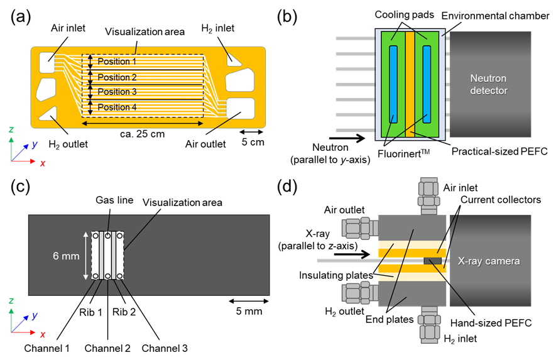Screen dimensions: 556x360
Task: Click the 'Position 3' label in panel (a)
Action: pos(117,92)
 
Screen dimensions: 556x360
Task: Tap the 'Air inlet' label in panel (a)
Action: pos(68,28)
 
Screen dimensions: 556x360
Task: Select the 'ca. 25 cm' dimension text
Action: pos(142,134)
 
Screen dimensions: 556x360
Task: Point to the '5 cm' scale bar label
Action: pos(253,142)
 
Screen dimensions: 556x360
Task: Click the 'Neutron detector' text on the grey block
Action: pos(489,84)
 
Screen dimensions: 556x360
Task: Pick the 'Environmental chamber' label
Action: pos(495,16)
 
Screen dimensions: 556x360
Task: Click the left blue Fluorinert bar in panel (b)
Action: pos(393,84)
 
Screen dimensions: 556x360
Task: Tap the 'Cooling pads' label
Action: pos(404,15)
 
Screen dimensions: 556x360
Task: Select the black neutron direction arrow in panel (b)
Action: pos(347,138)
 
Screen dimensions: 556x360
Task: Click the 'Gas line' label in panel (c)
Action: pos(114,200)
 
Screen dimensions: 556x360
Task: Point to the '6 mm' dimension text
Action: pos(66,256)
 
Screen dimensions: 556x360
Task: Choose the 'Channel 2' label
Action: pos(107,348)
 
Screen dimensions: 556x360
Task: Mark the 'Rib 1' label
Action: pos(90,312)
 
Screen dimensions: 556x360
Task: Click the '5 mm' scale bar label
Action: pos(249,312)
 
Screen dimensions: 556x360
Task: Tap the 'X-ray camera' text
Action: pos(489,261)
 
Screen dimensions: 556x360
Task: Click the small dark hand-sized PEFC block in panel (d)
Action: pos(433,261)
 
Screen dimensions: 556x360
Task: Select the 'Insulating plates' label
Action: pos(335,275)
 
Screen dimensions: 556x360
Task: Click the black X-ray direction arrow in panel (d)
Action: pos(352,254)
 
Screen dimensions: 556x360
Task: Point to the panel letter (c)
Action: pos(21,187)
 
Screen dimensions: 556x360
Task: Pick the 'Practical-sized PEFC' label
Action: pos(499,151)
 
